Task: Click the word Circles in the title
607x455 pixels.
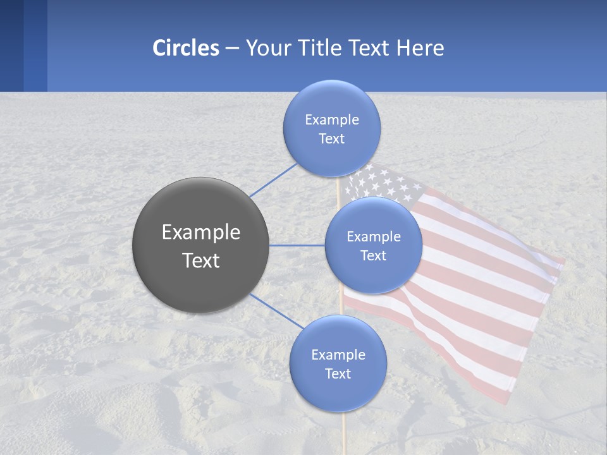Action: [x=186, y=48]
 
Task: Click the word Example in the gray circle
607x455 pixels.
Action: [x=201, y=233]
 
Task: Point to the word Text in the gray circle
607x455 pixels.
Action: [x=201, y=260]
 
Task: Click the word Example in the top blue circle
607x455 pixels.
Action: [x=332, y=120]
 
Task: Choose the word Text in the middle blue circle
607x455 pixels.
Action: [x=374, y=255]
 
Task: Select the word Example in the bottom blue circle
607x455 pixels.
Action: [x=338, y=355]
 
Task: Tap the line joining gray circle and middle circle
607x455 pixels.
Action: [x=297, y=245]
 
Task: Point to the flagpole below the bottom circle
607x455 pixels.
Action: [x=343, y=433]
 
